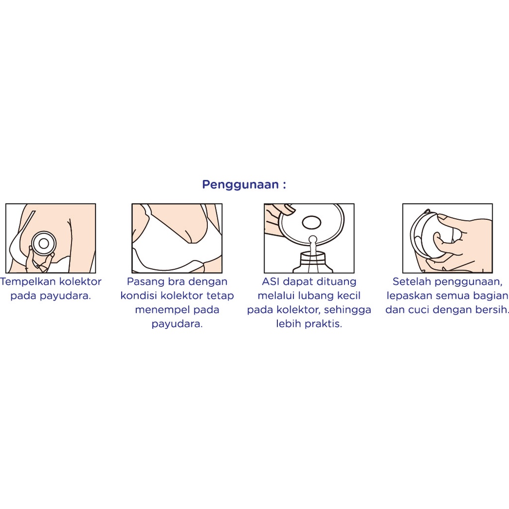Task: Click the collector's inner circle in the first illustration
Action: pyautogui.click(x=44, y=244)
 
